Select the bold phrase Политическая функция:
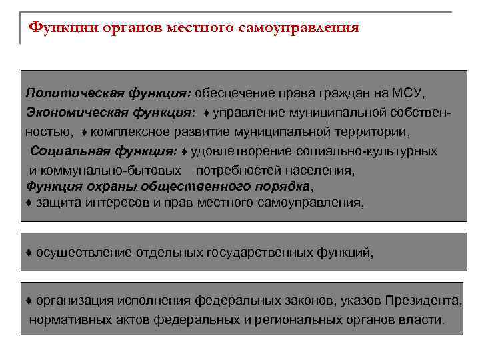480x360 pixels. (x=109, y=91)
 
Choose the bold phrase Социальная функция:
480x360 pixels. (x=104, y=151)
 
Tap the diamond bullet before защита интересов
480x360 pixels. (x=29, y=201)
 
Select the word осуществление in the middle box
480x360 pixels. (x=84, y=253)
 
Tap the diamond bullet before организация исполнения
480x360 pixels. (x=29, y=301)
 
